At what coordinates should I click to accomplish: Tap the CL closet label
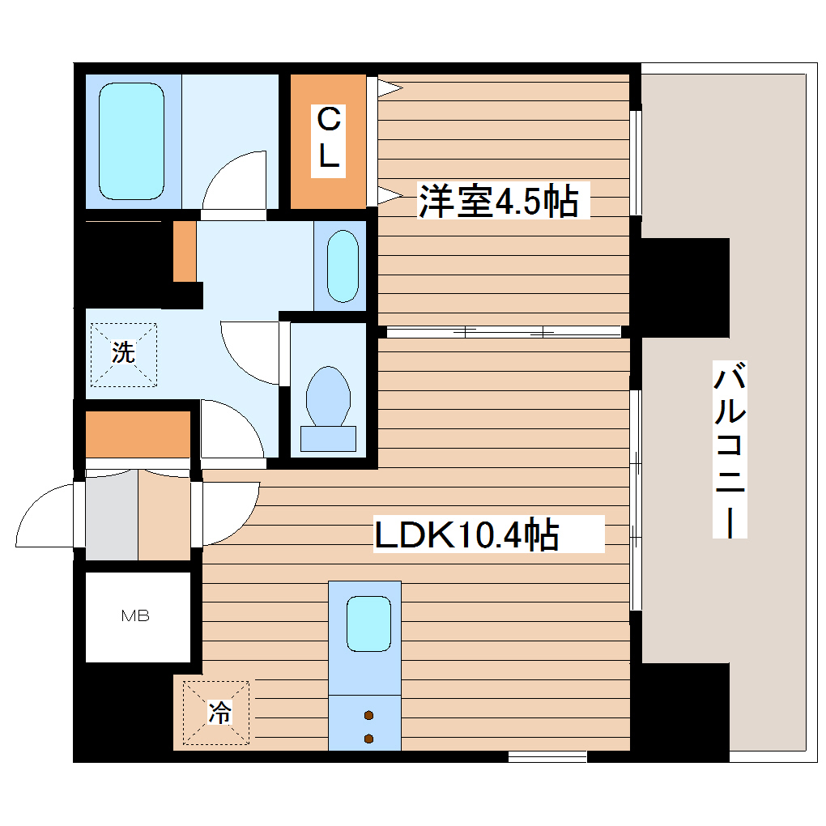pyautogui.click(x=328, y=139)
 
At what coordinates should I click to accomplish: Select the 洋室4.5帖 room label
pyautogui.click(x=498, y=202)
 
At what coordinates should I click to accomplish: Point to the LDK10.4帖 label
pyautogui.click(x=466, y=534)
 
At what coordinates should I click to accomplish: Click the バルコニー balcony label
pyautogui.click(x=730, y=450)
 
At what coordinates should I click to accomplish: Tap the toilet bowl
pyautogui.click(x=328, y=397)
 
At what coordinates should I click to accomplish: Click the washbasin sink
pyautogui.click(x=341, y=265)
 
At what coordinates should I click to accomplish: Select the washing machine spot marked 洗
pyautogui.click(x=122, y=353)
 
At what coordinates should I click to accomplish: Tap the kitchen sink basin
pyautogui.click(x=368, y=623)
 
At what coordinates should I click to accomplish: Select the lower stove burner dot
pyautogui.click(x=369, y=738)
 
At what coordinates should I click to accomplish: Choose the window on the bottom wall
pyautogui.click(x=547, y=756)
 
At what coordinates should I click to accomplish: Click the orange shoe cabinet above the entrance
pyautogui.click(x=138, y=434)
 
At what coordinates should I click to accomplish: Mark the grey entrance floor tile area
pyautogui.click(x=112, y=517)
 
